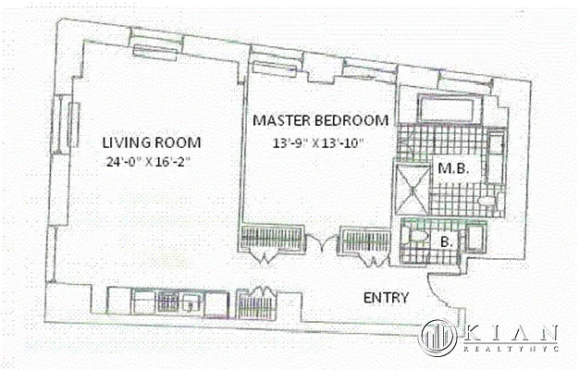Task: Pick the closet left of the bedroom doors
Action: point(269,240)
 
